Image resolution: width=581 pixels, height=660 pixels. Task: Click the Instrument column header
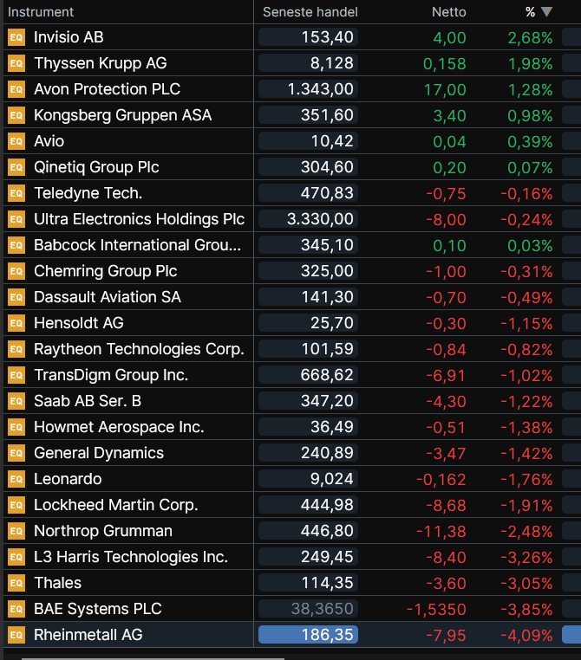pos(41,12)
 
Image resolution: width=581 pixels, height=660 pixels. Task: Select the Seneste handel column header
pos(310,12)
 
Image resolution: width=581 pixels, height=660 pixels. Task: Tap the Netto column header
pos(448,12)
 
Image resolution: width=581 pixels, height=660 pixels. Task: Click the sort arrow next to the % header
pos(546,12)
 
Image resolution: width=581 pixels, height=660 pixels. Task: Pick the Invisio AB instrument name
pos(69,37)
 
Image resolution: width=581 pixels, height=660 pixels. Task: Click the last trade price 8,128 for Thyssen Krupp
pos(332,63)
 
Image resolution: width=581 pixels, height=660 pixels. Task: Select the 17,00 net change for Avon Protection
pos(445,90)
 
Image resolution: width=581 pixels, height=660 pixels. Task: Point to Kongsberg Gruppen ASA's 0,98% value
pos(530,116)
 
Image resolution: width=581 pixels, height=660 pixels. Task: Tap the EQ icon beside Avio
pos(16,141)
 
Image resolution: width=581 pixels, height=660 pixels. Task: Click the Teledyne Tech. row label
pos(88,193)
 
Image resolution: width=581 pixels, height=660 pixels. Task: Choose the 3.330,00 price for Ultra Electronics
pos(320,219)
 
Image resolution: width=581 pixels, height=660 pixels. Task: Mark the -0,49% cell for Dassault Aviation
pos(526,298)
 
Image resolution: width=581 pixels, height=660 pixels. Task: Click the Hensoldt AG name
pos(79,323)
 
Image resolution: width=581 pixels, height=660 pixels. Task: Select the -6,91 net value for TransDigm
pos(446,375)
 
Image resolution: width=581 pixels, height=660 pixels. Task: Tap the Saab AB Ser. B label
pos(88,401)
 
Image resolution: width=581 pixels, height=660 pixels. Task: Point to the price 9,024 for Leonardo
pos(332,479)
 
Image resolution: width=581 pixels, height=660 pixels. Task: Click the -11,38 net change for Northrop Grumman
pos(441,532)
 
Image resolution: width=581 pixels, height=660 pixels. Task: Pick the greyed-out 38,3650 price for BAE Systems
pos(323,609)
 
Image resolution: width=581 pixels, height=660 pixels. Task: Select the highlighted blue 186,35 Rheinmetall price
pos(308,635)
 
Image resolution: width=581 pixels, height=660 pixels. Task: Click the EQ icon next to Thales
pos(16,583)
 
